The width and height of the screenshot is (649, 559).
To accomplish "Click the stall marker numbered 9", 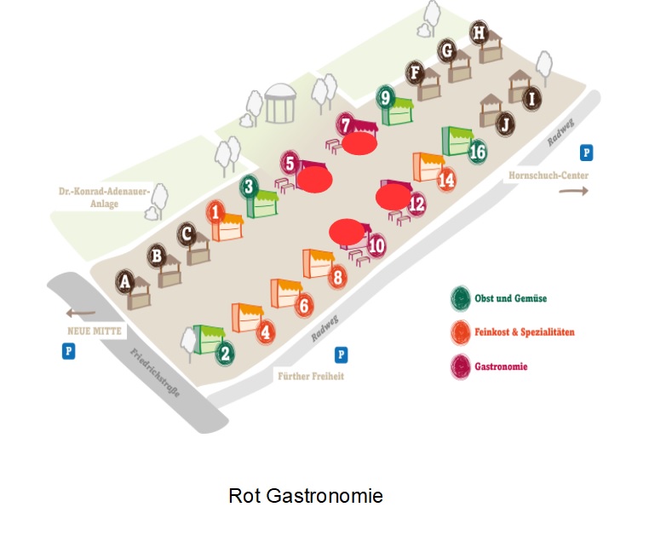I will pyautogui.click(x=386, y=98).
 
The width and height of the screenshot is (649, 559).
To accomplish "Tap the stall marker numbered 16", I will pyautogui.click(x=477, y=152).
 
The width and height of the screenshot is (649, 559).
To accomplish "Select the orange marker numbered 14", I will pyautogui.click(x=446, y=180).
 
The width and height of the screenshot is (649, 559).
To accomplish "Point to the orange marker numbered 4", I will pyautogui.click(x=266, y=331).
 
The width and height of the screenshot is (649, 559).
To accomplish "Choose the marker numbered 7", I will pyautogui.click(x=345, y=125).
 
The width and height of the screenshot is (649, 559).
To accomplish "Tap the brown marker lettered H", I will pyautogui.click(x=480, y=33).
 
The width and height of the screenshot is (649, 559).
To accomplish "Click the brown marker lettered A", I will pyautogui.click(x=125, y=280).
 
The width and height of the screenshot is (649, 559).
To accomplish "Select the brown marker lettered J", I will pyautogui.click(x=505, y=124).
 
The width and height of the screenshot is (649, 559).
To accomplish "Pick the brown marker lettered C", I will pyautogui.click(x=187, y=233).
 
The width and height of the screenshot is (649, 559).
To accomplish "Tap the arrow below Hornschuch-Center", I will pyautogui.click(x=573, y=191).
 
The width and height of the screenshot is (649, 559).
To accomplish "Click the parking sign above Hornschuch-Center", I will pyautogui.click(x=586, y=153).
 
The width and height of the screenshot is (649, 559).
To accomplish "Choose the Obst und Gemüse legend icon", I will pyautogui.click(x=461, y=298).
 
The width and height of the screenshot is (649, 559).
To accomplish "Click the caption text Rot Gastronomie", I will pyautogui.click(x=306, y=495).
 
